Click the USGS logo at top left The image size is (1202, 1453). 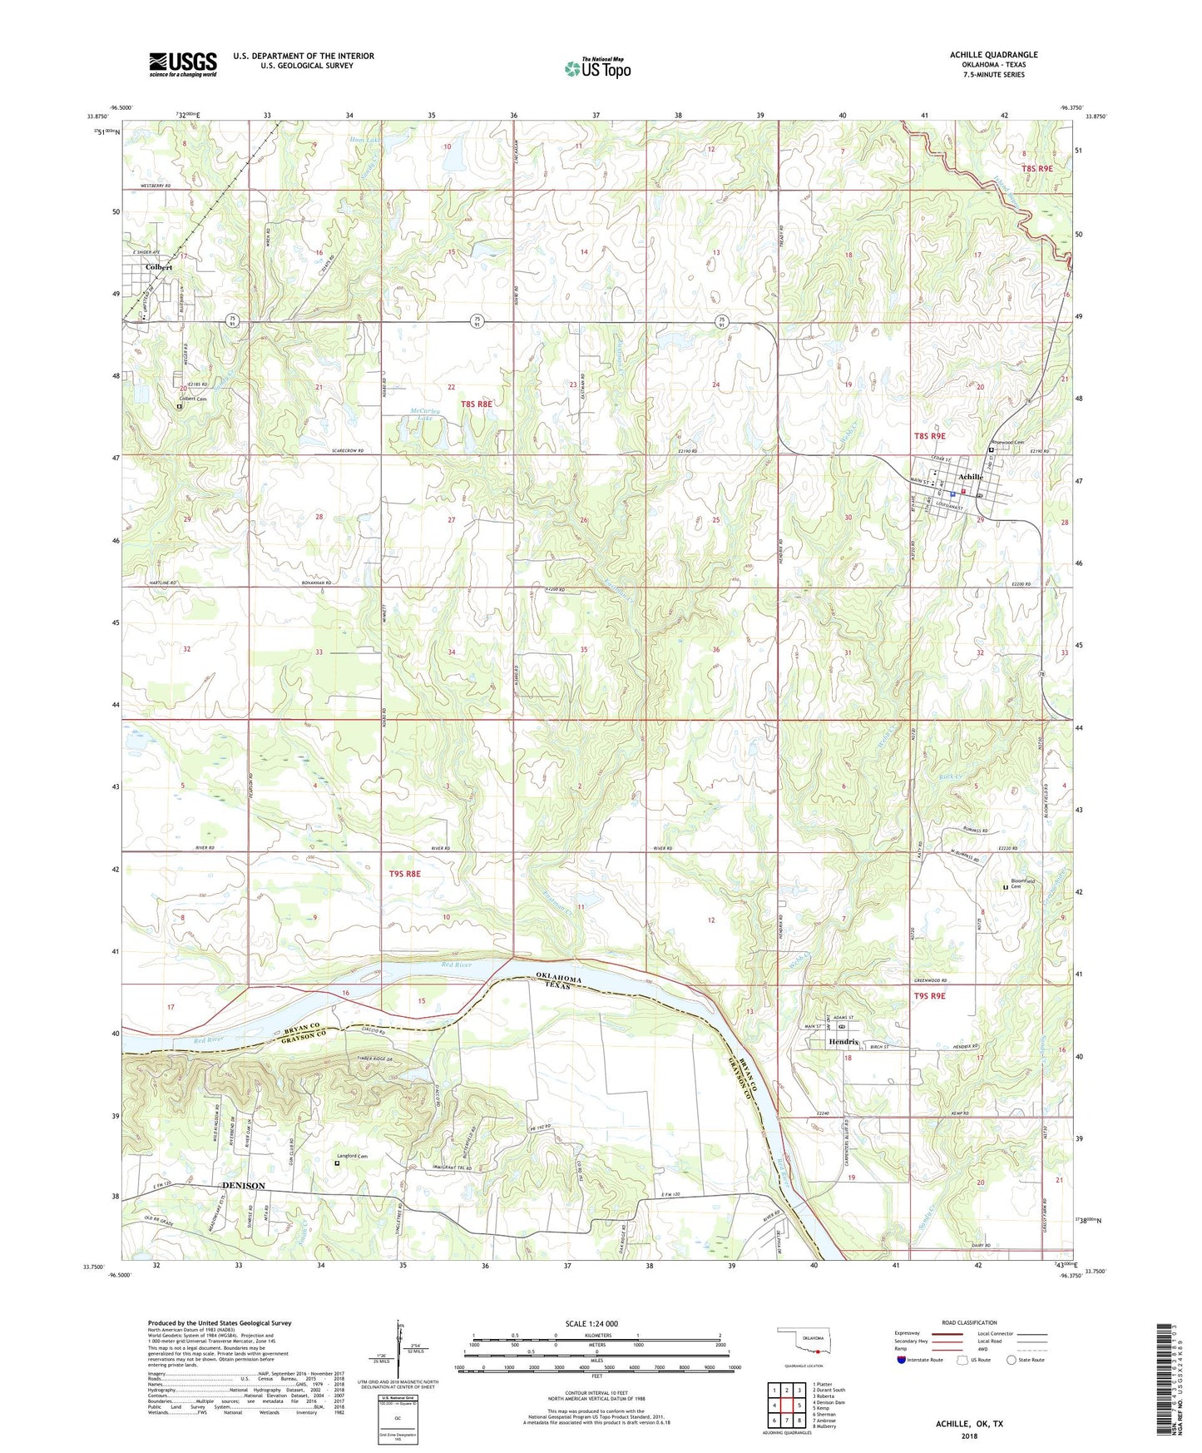click(183, 63)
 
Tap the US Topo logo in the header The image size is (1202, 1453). click(597, 69)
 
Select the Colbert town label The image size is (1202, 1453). click(158, 267)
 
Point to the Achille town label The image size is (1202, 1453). click(971, 477)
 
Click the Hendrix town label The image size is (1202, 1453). click(843, 1042)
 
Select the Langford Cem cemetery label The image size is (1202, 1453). click(352, 1155)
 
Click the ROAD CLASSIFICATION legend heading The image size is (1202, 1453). click(969, 1322)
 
